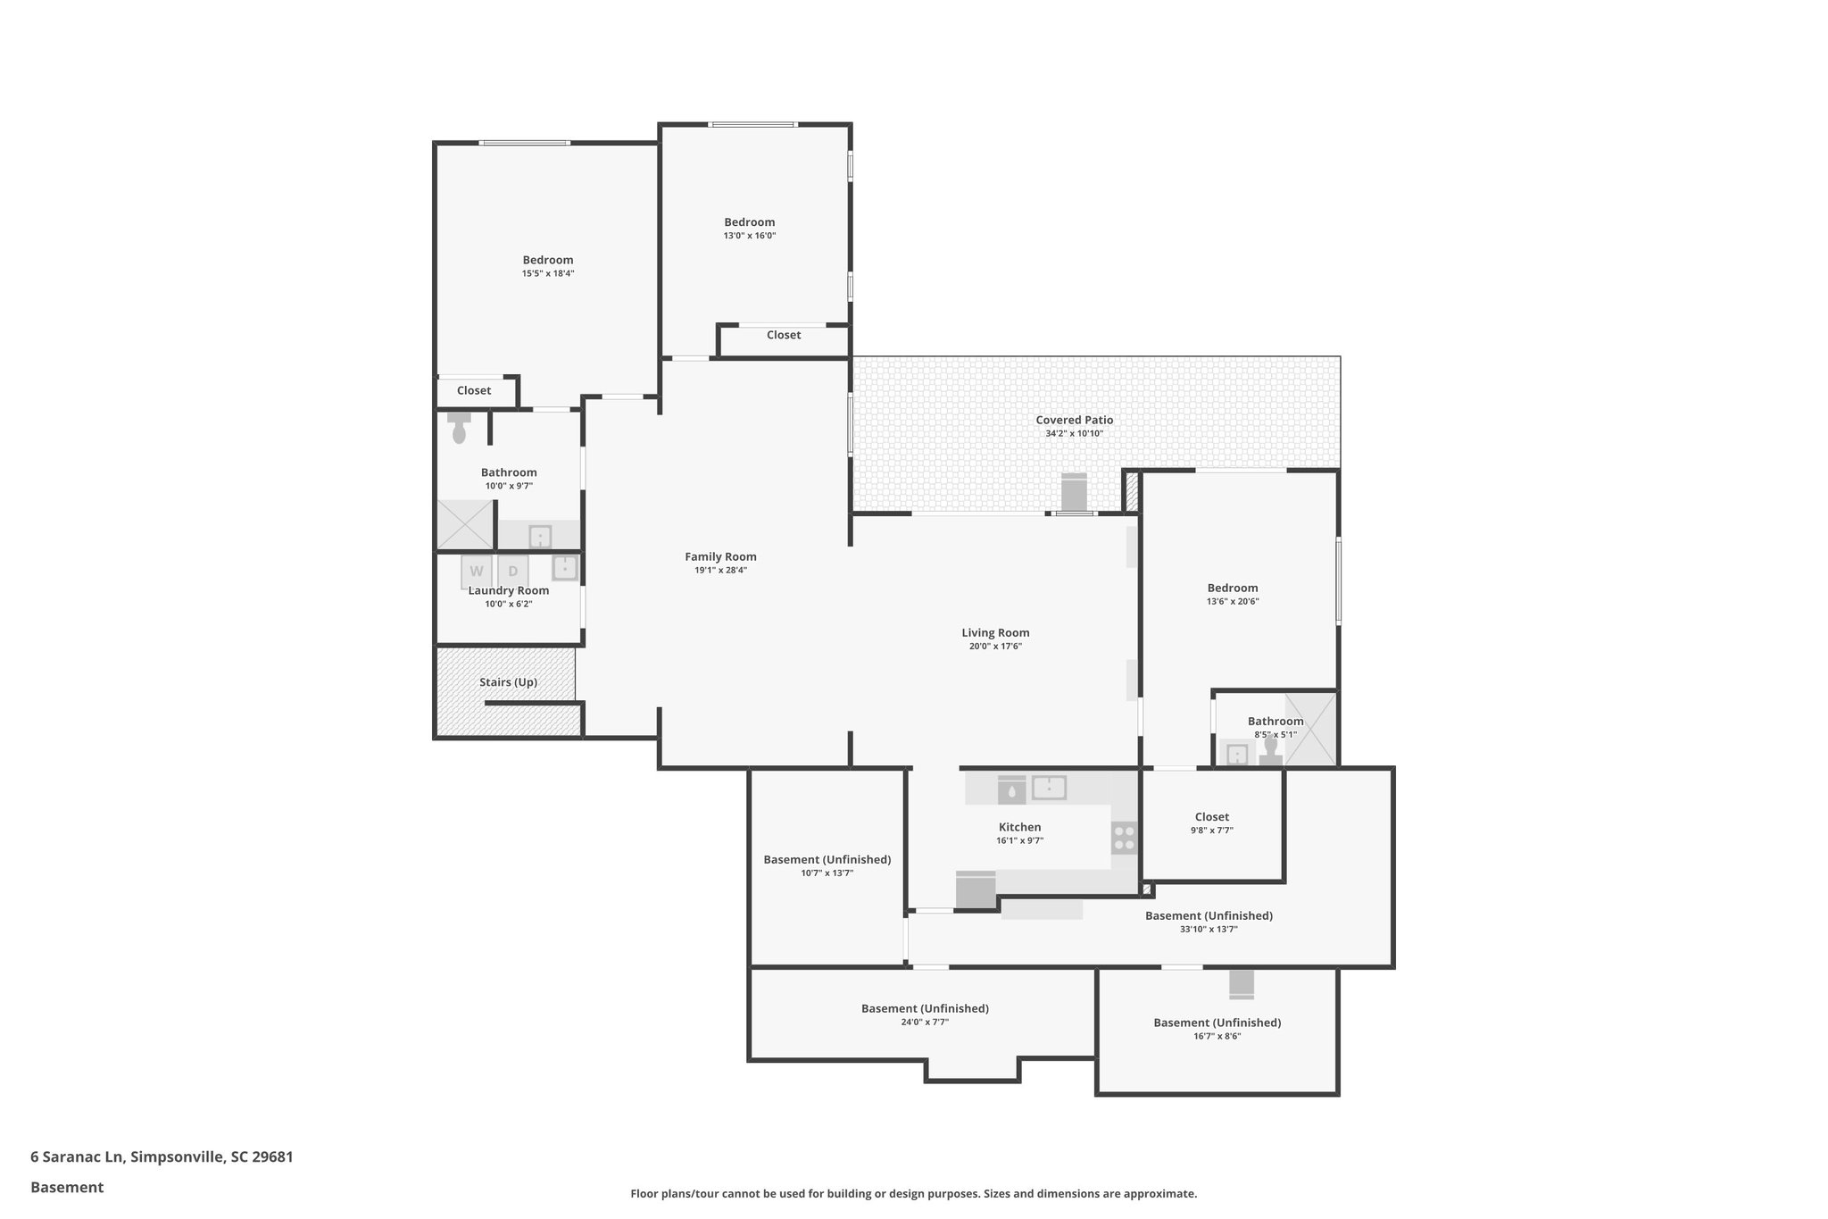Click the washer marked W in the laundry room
point(477,571)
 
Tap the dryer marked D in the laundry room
point(513,571)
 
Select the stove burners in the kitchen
point(1125,838)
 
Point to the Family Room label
point(720,556)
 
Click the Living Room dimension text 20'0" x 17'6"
point(995,647)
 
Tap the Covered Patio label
point(1074,420)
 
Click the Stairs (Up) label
point(508,682)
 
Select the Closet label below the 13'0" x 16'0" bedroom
point(783,335)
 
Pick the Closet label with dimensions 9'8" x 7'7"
point(1211,817)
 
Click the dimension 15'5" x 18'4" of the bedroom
point(547,274)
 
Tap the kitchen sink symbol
point(1049,788)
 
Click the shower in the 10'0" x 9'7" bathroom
point(464,525)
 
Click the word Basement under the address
point(67,1187)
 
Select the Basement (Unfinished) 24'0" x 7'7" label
point(925,1008)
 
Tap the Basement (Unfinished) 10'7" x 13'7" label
point(827,860)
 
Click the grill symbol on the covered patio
point(1074,493)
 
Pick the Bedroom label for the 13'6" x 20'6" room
point(1233,588)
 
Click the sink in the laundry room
point(564,568)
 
